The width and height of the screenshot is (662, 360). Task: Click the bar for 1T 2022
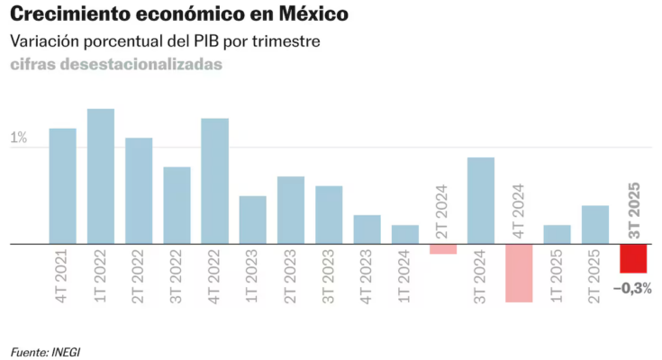[x=100, y=176]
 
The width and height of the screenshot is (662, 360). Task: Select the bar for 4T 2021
[x=62, y=186]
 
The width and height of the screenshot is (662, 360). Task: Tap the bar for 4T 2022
[x=214, y=181]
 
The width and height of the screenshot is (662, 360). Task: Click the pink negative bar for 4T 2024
[x=519, y=273]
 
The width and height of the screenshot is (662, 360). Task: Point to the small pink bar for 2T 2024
[x=443, y=249]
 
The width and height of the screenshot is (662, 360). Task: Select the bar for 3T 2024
[x=481, y=201]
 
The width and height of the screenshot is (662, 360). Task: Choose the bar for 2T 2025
[x=595, y=225]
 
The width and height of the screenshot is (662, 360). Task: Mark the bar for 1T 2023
[x=252, y=220]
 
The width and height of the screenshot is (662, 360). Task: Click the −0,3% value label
[x=632, y=288]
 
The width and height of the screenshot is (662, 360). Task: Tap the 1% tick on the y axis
[x=19, y=139]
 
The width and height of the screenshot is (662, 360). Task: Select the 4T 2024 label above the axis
[x=519, y=211]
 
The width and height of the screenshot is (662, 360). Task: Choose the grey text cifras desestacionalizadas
[x=116, y=65]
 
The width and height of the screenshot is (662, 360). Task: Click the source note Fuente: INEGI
[x=45, y=350]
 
